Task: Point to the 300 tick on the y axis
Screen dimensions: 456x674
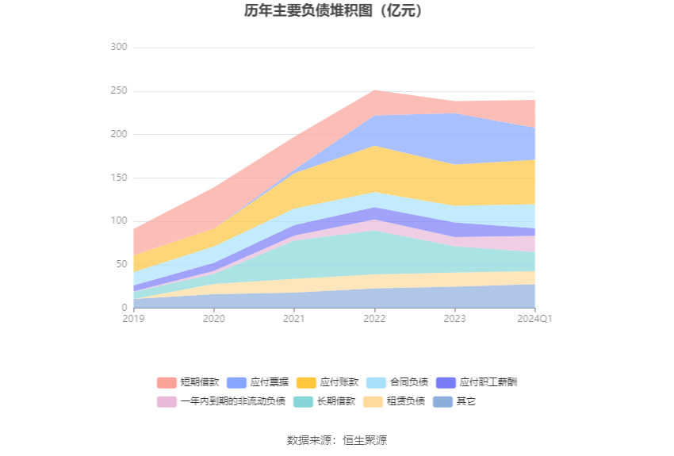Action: [118, 48]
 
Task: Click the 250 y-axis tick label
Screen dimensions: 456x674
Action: [118, 91]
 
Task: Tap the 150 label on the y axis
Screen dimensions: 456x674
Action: [118, 178]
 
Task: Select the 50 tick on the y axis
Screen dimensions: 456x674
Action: [121, 264]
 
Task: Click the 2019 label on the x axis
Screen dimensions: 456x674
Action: [133, 318]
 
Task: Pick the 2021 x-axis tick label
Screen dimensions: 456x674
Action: [294, 318]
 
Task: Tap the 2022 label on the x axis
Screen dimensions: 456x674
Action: [374, 318]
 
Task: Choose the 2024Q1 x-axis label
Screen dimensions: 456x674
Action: [534, 318]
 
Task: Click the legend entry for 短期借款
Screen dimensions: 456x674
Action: [186, 382]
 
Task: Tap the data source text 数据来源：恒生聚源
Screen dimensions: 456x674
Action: [337, 440]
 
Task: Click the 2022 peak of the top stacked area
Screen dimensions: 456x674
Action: [374, 90]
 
